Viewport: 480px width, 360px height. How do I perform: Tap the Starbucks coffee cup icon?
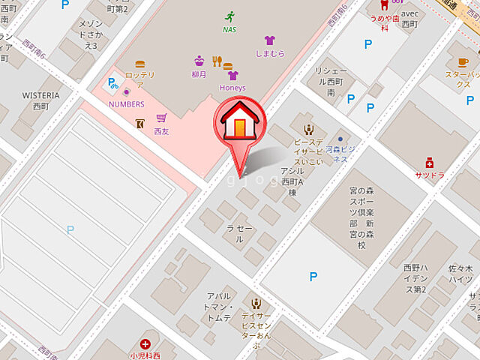463,62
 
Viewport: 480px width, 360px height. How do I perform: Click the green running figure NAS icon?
229,16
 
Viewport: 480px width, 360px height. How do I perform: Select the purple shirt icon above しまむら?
270,40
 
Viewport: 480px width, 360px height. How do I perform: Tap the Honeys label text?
232,88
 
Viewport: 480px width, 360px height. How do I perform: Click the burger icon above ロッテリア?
140,64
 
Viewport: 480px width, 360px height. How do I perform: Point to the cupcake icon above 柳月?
199,61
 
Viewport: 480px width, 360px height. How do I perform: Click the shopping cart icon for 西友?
161,118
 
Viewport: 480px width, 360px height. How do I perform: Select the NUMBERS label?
126,103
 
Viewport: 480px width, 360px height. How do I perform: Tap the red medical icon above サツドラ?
429,162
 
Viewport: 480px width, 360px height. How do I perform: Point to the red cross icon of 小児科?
145,343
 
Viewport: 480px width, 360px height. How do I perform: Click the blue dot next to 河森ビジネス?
340,139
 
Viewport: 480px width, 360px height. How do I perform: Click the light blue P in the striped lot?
70,230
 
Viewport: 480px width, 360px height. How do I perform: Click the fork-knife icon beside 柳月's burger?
216,61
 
